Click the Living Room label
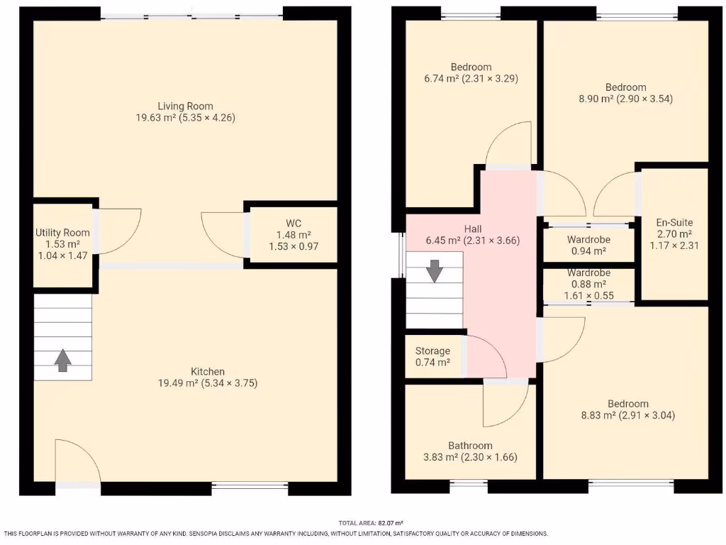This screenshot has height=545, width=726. pos(185,106)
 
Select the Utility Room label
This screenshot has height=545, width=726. pos(63,232)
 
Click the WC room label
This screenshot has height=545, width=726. pos(294,223)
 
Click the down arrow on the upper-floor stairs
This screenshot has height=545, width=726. pos(435,271)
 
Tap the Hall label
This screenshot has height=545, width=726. pos(474,229)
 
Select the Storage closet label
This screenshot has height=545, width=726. pos(432,351)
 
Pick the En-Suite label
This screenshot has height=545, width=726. pos(674,222)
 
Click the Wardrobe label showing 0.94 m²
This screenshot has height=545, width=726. pos(588,239)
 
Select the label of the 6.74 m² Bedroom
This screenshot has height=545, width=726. pos(470,67)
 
